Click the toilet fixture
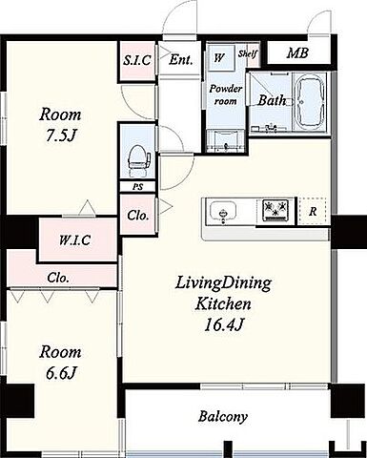(x=139, y=160)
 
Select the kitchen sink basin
(x=223, y=212)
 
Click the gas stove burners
(x=275, y=210)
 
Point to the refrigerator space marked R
(x=313, y=211)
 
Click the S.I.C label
(x=137, y=60)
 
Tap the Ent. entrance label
(x=181, y=59)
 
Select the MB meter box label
(x=297, y=53)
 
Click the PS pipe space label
(x=137, y=187)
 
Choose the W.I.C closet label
(x=75, y=239)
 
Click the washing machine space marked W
(x=219, y=58)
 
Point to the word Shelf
(x=248, y=53)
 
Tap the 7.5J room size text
(x=61, y=135)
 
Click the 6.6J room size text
(x=61, y=373)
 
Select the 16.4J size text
(x=224, y=324)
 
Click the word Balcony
(x=223, y=417)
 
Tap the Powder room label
(x=226, y=94)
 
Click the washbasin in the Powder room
(x=226, y=141)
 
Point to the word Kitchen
(x=223, y=303)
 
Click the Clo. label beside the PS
(x=138, y=216)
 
